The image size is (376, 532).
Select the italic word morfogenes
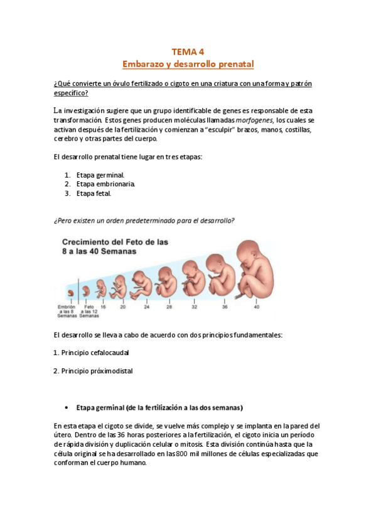point(254,119)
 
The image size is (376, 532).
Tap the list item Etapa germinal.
point(100,174)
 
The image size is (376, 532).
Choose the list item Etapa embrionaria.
point(105,184)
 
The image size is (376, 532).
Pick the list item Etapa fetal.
point(94,193)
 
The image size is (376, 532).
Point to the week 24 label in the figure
point(146,307)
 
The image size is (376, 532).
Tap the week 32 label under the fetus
point(194,307)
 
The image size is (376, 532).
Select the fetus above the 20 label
point(119,287)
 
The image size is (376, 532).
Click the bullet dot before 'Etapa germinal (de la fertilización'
point(67,407)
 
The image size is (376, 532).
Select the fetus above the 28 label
point(167,284)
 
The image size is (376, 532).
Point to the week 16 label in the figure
point(102,307)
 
